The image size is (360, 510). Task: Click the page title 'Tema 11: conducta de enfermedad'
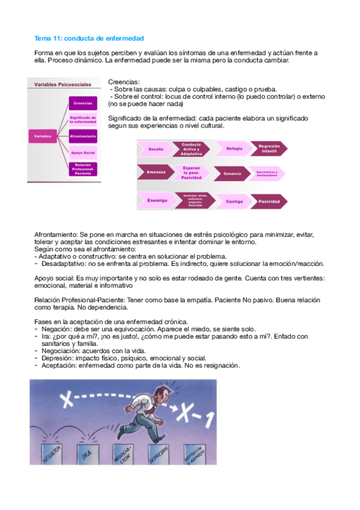(x=89, y=38)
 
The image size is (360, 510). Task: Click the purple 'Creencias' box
(x=83, y=103)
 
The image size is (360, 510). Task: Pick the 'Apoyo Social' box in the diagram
(x=83, y=153)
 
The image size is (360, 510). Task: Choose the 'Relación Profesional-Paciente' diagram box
(x=83, y=169)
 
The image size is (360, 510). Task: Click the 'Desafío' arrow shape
(x=156, y=149)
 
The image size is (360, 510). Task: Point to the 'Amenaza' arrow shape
(x=156, y=173)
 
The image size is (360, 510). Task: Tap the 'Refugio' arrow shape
(x=234, y=148)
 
